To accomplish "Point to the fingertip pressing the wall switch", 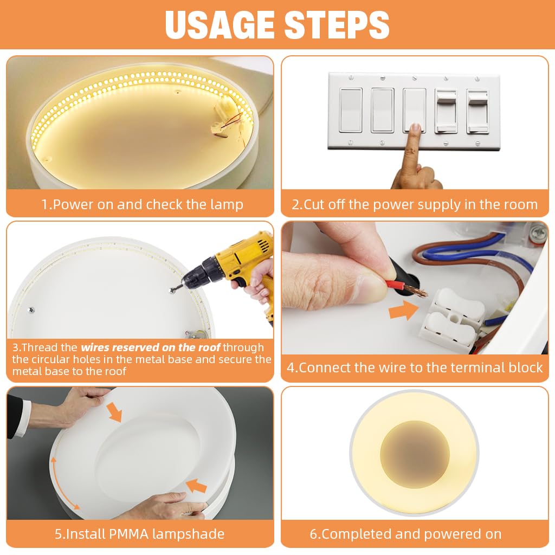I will [x=416, y=129].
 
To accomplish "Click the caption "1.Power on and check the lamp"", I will [x=142, y=204].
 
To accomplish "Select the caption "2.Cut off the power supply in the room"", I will [x=415, y=204].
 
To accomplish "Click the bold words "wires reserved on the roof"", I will [x=151, y=347].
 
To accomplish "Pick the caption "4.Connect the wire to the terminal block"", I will [x=415, y=367].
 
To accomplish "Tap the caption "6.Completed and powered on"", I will [x=405, y=534].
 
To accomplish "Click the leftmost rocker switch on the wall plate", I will [x=351, y=110].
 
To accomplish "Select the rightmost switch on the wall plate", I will [x=477, y=111].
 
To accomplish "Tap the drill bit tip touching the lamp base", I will [x=172, y=290].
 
